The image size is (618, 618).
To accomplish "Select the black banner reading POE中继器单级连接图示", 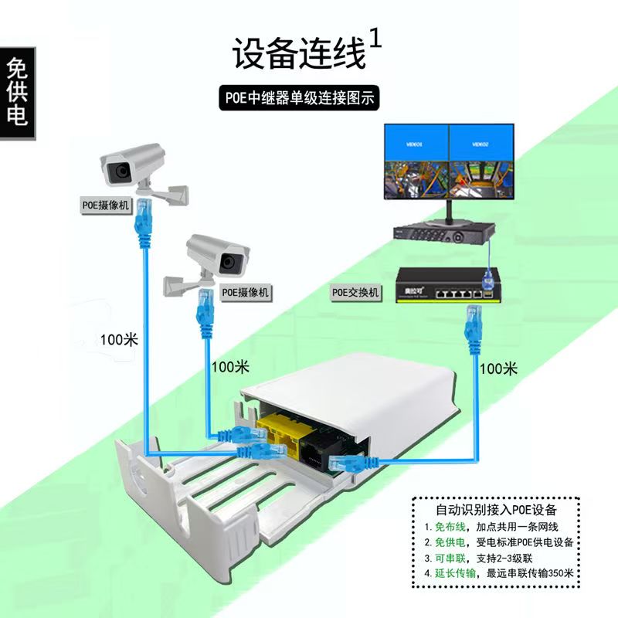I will click(x=301, y=98).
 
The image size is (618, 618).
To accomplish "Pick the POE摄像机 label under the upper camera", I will click(x=107, y=206).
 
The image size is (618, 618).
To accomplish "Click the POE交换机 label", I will click(x=355, y=293).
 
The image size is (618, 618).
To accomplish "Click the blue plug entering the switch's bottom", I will click(x=472, y=325).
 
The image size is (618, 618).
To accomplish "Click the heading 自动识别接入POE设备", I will click(x=497, y=511).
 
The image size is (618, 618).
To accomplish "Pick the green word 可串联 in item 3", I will click(x=448, y=558).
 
